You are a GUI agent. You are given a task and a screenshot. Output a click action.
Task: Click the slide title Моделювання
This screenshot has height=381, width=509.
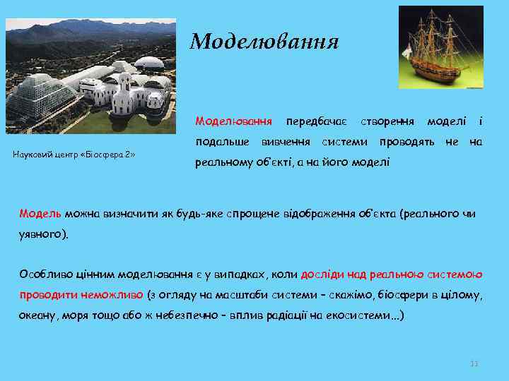pos(264,42)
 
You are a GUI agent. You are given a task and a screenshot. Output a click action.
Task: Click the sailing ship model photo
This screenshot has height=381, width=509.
pos(440,47)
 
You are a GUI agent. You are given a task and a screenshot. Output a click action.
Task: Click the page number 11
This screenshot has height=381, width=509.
pos(474,363)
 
